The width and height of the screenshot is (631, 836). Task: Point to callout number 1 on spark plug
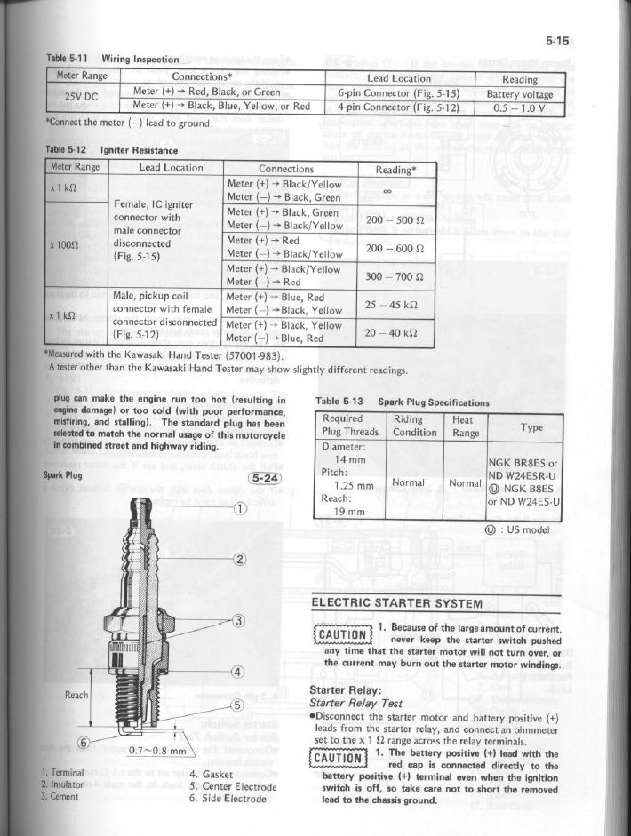(x=239, y=508)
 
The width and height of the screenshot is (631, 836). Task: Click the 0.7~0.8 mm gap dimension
(x=155, y=750)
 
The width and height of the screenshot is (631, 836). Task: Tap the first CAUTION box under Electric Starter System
(x=339, y=633)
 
